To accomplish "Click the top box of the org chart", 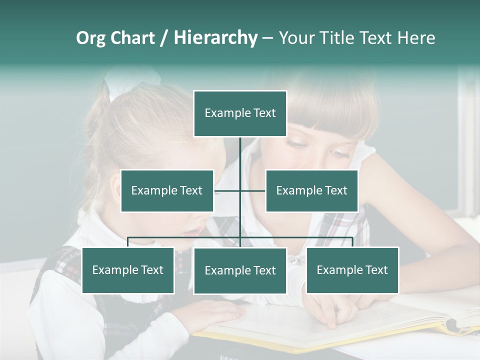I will click(240, 113).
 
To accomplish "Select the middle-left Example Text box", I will click(167, 190).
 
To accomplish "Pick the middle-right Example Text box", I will click(311, 190).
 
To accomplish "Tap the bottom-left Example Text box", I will click(128, 270).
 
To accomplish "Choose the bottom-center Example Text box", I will click(240, 271).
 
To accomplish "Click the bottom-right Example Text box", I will click(352, 270).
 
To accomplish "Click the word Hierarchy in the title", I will click(215, 38).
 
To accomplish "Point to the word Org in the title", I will click(90, 38).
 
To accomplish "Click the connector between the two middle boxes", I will click(240, 190).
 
